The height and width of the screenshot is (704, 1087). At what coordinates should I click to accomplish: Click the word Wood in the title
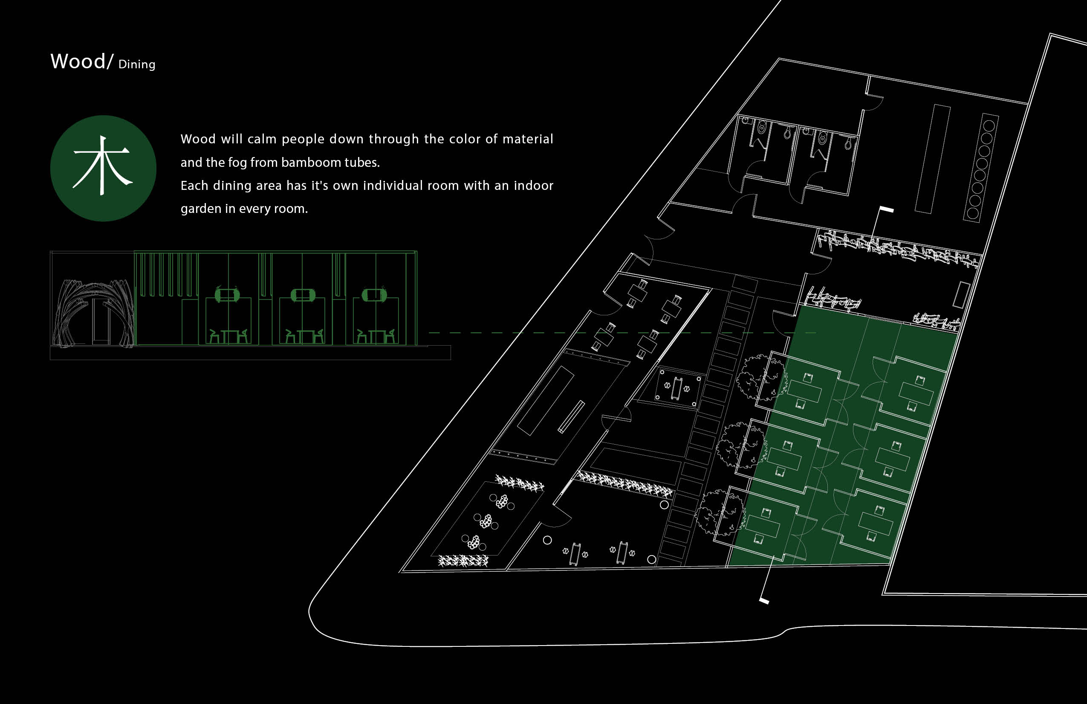78,61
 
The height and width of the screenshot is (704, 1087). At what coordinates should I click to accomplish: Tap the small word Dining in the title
136,64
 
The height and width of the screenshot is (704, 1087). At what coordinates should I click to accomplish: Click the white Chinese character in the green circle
103,166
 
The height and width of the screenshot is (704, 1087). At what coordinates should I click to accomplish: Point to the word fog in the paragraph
237,162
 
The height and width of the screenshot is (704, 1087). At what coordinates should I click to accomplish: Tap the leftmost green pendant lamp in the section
227,294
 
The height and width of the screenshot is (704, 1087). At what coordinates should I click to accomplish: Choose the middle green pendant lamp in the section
302,295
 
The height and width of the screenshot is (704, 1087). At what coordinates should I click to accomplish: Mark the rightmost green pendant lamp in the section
374,295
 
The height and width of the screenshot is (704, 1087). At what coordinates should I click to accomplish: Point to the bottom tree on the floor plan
718,512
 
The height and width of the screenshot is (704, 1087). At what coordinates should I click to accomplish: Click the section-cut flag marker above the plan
886,209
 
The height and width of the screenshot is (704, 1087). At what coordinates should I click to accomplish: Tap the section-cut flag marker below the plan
764,600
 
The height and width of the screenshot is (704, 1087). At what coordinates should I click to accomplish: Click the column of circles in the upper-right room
980,168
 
